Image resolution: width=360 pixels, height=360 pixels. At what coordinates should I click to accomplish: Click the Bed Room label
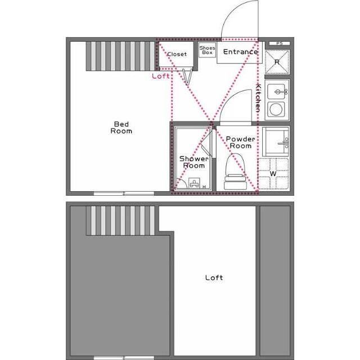tap(121, 127)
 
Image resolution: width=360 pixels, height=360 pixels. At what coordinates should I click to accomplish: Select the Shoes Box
tap(207, 51)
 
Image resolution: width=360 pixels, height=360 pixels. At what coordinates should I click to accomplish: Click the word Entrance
tap(240, 52)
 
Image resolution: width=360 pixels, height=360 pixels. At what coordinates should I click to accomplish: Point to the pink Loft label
tap(161, 75)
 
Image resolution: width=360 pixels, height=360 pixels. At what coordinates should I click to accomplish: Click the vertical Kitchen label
tap(259, 98)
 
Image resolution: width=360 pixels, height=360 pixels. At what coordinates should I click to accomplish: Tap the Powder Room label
tap(240, 142)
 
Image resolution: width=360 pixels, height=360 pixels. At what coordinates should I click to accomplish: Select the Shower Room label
tap(194, 162)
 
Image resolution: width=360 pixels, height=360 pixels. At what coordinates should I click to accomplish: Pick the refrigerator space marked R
tap(276, 61)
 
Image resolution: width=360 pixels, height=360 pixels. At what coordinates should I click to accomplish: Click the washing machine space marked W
tap(273, 173)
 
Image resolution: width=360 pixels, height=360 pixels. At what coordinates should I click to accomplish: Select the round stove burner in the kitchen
tap(276, 109)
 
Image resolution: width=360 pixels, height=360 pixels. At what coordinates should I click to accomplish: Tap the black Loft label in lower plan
tap(214, 277)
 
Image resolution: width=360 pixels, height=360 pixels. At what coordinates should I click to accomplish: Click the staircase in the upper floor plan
tap(120, 55)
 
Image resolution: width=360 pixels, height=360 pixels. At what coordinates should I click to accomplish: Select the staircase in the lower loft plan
tap(121, 220)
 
